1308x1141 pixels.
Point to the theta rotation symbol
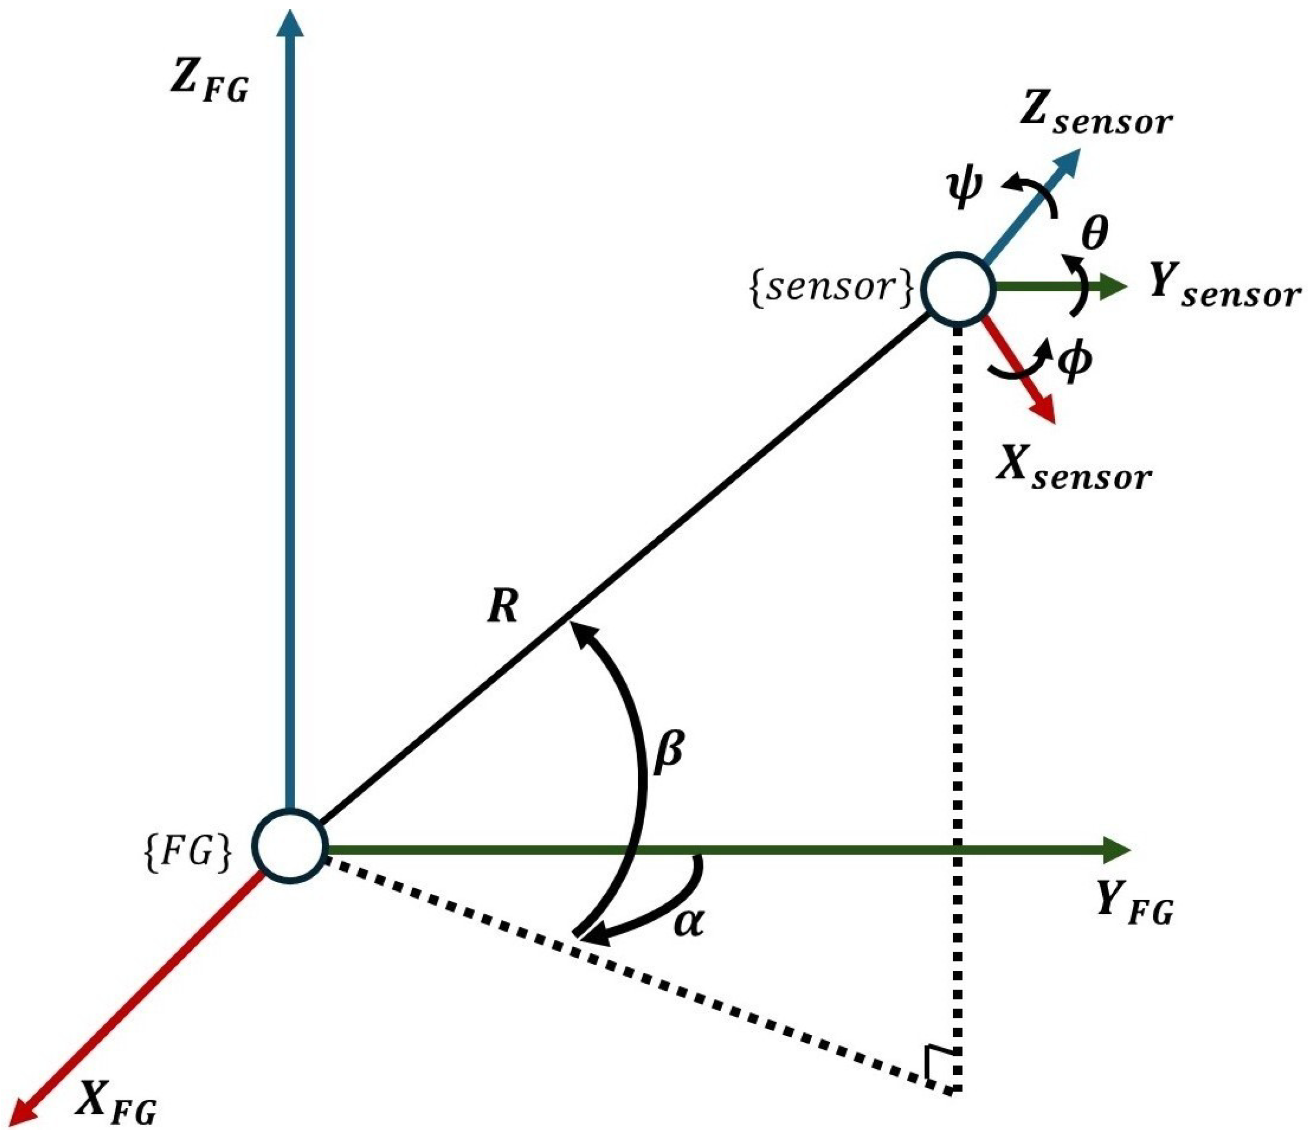[1094, 234]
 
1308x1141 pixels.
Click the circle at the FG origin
[291, 847]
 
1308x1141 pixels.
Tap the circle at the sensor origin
[958, 288]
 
